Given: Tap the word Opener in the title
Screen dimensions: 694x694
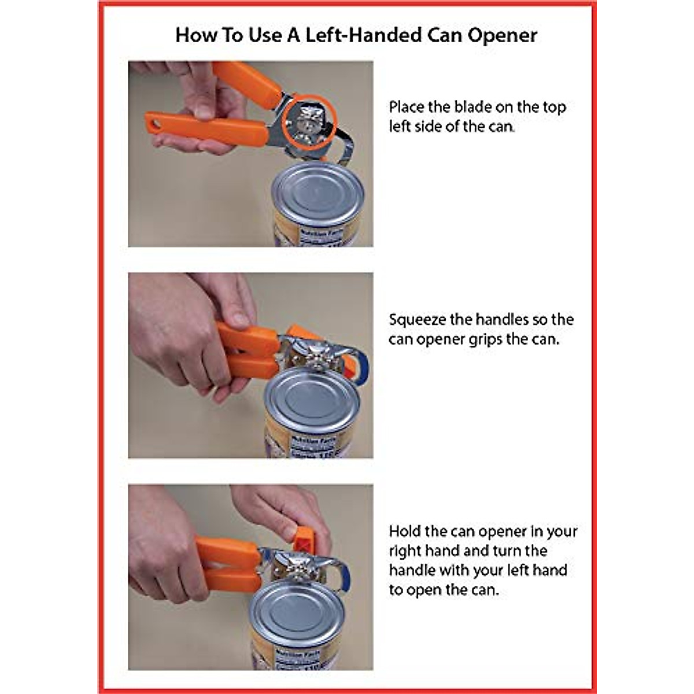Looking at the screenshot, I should point(502,35).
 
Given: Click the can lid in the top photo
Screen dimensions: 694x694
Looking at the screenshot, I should point(318,193).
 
